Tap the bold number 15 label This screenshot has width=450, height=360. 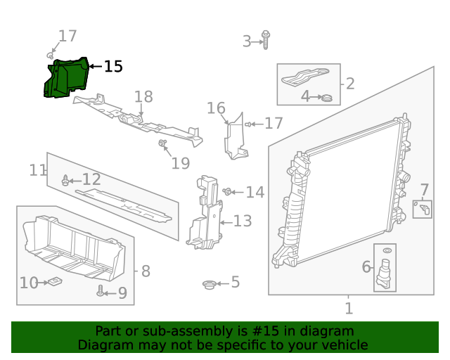113,67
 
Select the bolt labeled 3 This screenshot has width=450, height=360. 266,39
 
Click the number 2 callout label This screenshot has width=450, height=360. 349,84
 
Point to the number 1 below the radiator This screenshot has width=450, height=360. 349,309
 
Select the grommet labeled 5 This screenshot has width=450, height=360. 209,284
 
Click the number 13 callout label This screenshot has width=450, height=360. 242,222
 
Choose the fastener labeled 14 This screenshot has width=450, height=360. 228,191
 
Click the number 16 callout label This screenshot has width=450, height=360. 216,108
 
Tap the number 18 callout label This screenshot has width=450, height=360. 143,96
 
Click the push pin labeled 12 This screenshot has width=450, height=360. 66,181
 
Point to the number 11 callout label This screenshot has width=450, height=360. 37,170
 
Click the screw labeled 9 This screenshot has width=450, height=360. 101,290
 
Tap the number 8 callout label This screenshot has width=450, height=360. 146,271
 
